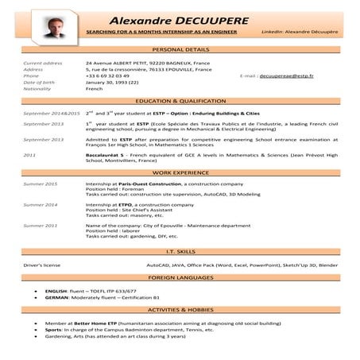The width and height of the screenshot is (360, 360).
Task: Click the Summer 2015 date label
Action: pos(41,184)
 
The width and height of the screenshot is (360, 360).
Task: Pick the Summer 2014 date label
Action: pos(41,204)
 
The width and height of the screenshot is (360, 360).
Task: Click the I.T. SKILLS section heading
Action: pos(180,250)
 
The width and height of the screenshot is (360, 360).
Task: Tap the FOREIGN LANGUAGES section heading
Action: pos(180,277)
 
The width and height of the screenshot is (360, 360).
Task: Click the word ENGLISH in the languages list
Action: pos(56,292)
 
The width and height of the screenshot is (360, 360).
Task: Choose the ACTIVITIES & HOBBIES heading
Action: pos(180,309)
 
